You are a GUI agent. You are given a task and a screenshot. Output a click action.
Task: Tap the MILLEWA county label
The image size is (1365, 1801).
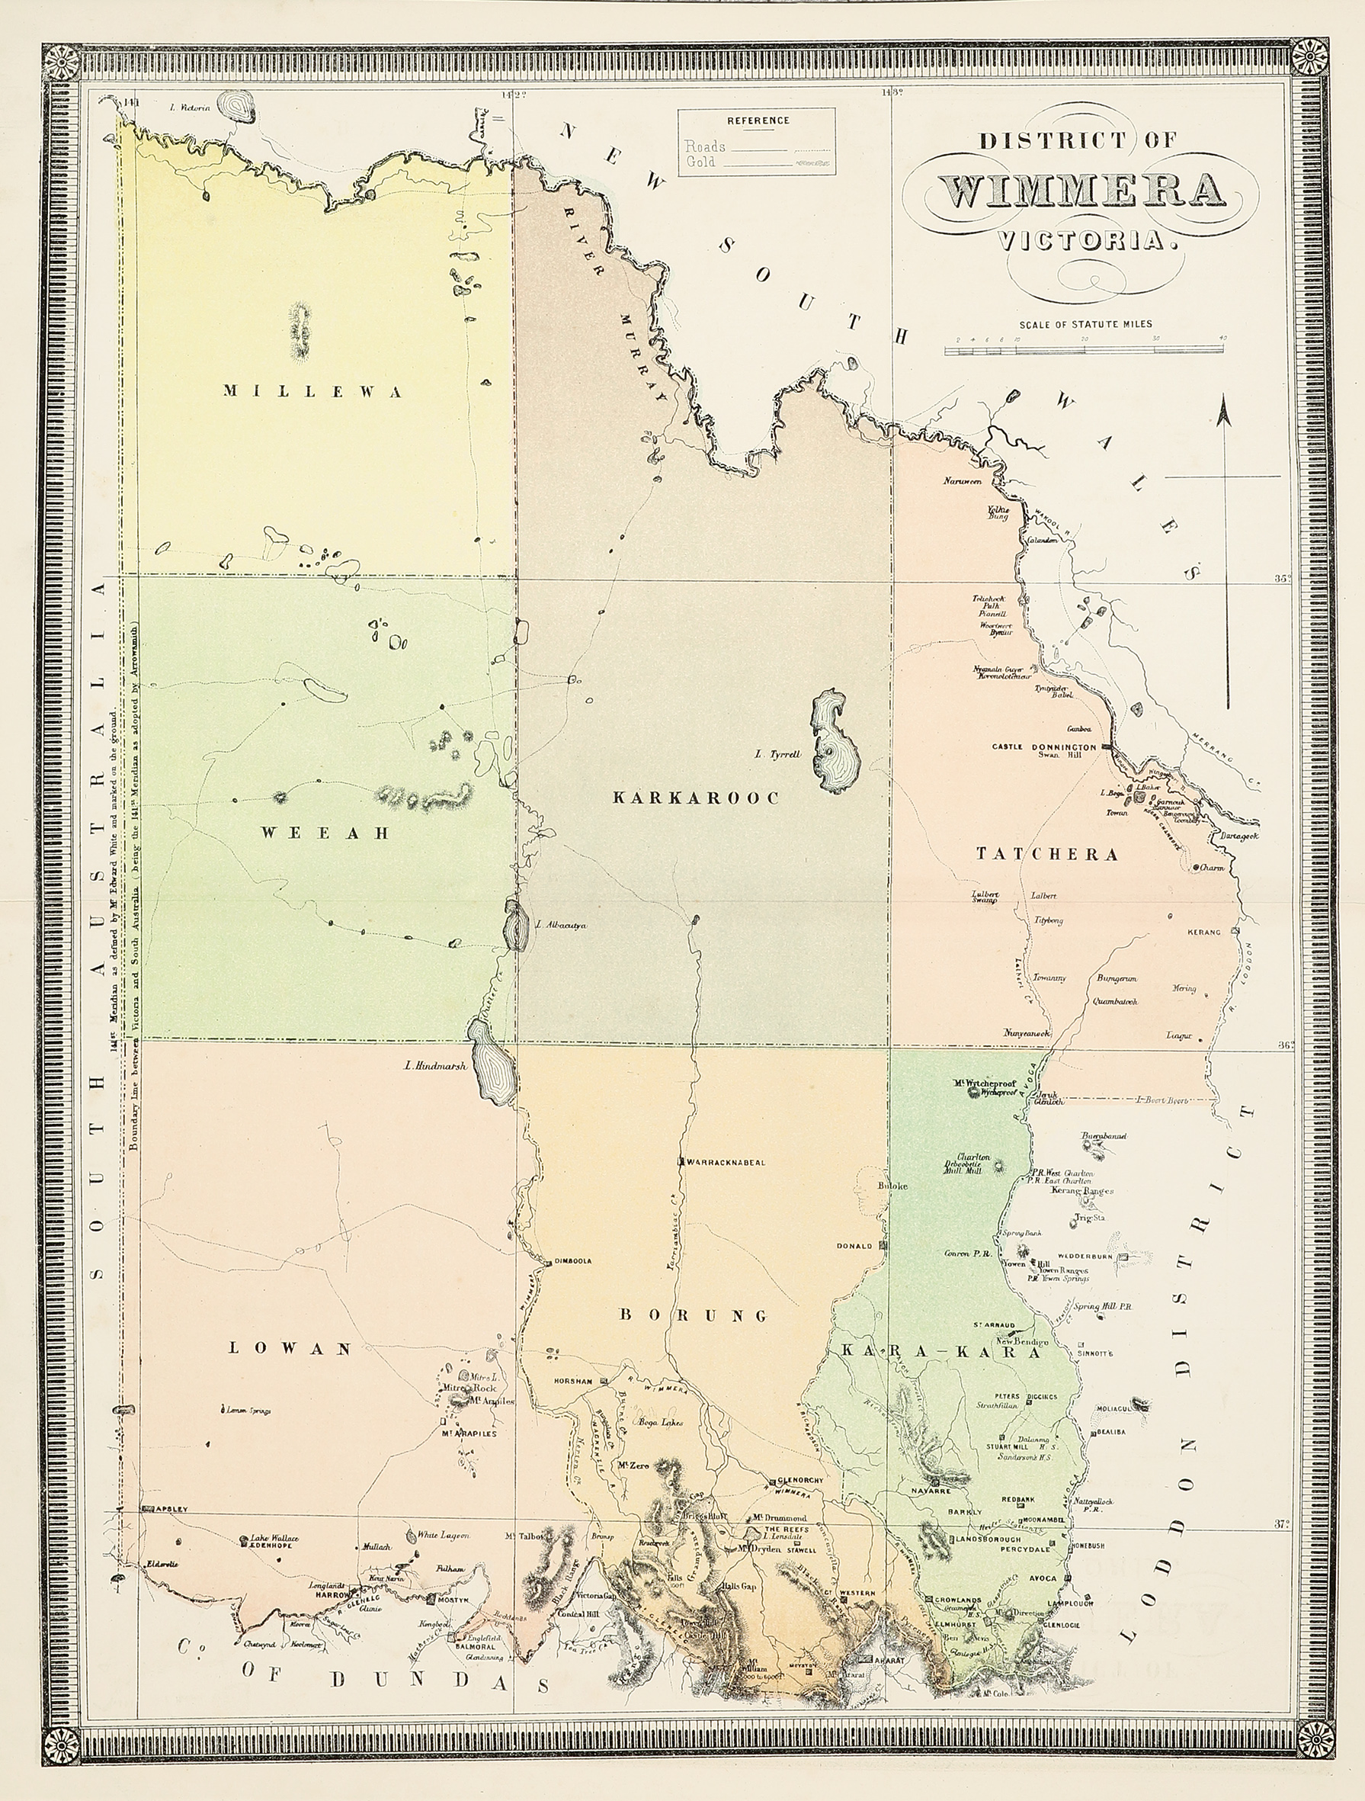tap(313, 392)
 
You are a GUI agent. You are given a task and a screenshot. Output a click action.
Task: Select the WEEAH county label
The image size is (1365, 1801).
tap(325, 832)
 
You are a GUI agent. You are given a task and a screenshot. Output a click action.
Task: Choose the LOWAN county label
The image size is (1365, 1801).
tap(290, 1348)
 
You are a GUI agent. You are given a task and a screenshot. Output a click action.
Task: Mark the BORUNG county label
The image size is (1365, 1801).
tap(694, 1315)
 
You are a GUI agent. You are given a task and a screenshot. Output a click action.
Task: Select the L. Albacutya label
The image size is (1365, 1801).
tap(562, 925)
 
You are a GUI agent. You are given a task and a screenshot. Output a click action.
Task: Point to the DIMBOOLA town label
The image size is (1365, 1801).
tap(573, 1261)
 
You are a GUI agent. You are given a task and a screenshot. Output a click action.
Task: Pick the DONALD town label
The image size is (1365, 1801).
tap(854, 1246)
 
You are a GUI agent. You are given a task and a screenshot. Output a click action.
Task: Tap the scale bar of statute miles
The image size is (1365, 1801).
tap(1083, 349)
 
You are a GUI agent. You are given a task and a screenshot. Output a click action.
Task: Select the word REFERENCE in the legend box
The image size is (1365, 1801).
tap(758, 120)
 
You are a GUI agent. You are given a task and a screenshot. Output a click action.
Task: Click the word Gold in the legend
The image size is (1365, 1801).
tap(700, 162)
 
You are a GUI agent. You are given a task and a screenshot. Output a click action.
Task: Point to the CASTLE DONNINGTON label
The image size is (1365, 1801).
tap(1043, 746)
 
